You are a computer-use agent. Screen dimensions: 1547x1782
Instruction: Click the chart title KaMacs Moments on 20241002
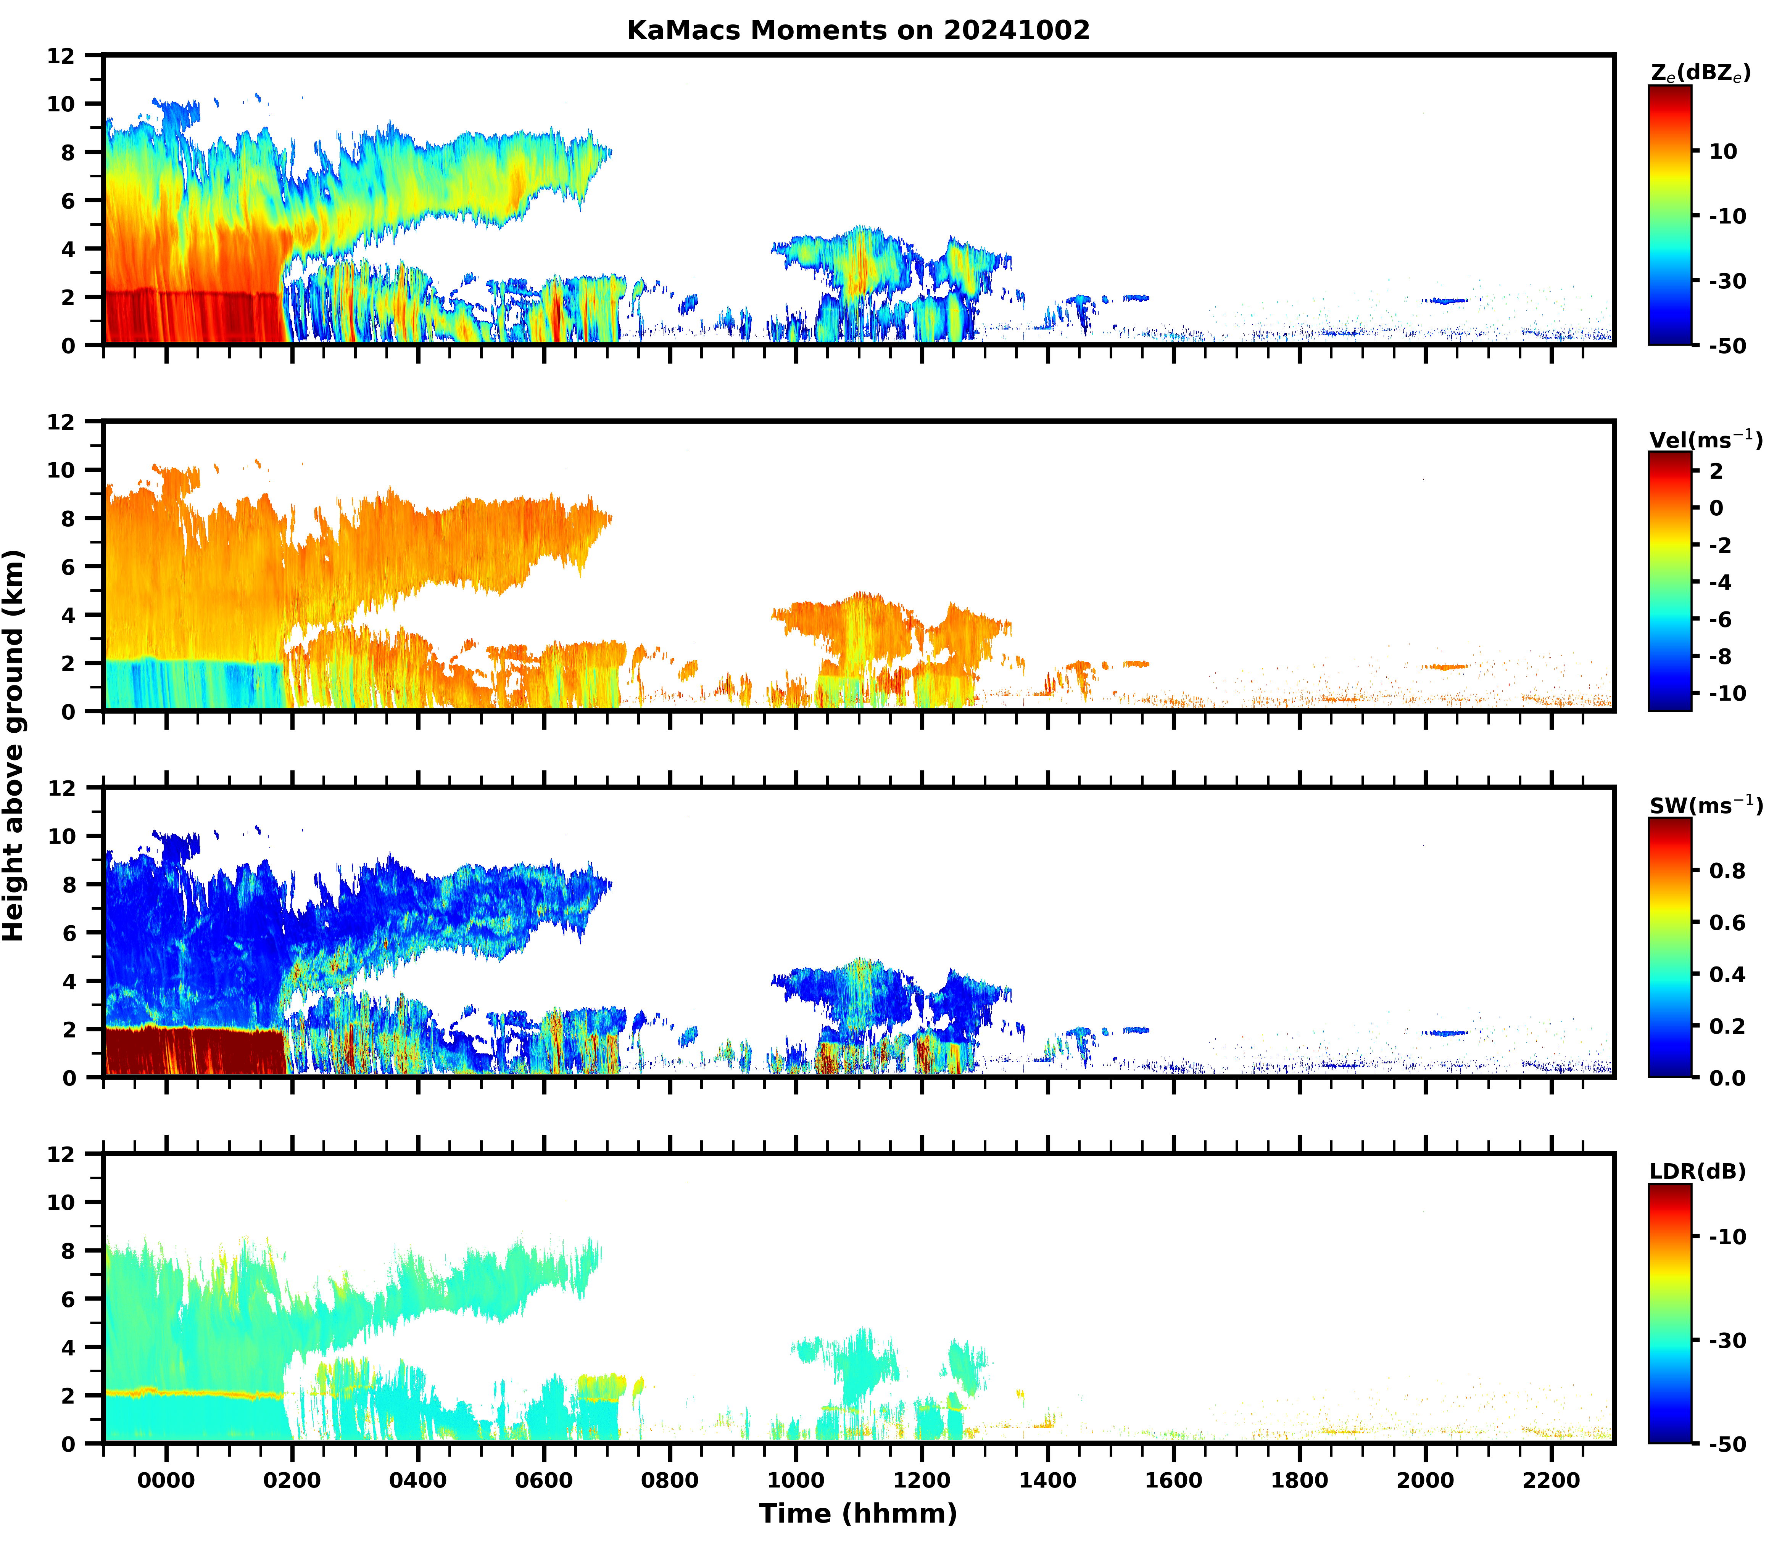point(858,30)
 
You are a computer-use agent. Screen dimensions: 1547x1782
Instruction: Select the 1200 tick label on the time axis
point(922,1481)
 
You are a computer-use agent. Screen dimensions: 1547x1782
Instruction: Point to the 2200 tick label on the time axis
point(1552,1481)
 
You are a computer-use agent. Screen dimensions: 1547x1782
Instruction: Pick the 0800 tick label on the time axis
point(669,1481)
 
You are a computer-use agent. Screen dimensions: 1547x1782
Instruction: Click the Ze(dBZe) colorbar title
point(1700,74)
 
